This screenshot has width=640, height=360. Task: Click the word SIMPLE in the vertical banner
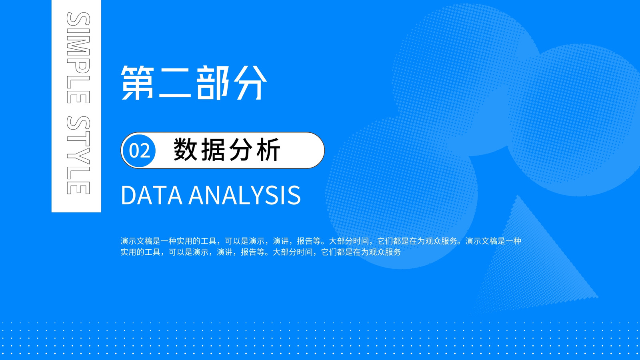[78, 58]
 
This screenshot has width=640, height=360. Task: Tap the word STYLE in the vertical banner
[78, 155]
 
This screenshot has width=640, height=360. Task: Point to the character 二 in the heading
[175, 83]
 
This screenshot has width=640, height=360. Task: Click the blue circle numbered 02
[139, 150]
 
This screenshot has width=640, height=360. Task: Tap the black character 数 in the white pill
[185, 150]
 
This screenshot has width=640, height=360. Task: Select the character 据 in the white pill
[213, 150]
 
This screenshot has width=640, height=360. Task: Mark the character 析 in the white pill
[268, 150]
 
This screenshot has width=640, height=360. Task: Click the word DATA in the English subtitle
[152, 195]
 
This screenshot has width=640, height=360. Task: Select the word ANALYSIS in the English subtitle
[244, 195]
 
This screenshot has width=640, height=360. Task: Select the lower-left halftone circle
[402, 192]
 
